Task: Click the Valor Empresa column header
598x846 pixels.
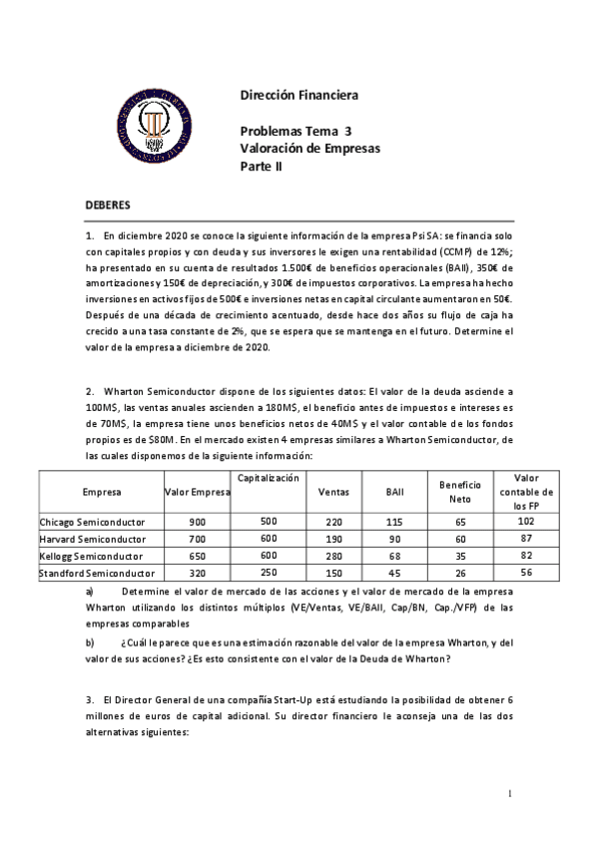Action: coord(197,492)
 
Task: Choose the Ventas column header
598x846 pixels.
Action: coord(332,492)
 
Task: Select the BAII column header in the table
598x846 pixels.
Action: coord(394,492)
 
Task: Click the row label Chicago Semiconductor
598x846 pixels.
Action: coord(92,522)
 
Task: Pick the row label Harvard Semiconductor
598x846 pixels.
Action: coord(92,539)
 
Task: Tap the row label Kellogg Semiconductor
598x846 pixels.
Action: coord(92,556)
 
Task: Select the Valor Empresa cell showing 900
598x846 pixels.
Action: coord(197,522)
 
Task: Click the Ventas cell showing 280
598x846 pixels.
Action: coord(332,556)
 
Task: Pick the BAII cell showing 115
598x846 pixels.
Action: coord(394,522)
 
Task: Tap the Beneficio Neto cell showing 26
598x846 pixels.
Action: coord(460,573)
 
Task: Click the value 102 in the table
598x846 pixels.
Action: coord(527,521)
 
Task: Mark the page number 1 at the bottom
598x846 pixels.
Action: coord(509,794)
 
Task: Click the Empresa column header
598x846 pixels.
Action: coord(101,492)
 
